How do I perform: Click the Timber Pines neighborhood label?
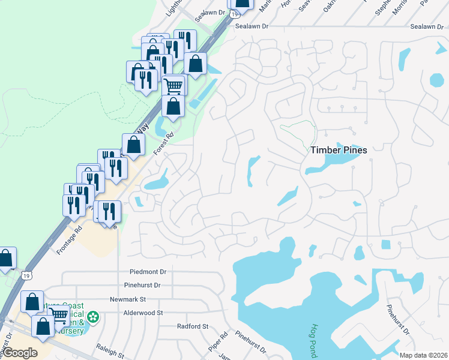[339, 151]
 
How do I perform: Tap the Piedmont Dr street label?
[147, 272]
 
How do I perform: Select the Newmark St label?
[128, 299]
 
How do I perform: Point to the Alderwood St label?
[143, 313]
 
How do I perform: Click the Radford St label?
[192, 326]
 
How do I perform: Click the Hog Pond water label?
[314, 341]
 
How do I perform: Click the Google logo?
[20, 353]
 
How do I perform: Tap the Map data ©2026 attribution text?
[423, 355]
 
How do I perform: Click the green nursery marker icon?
[93, 316]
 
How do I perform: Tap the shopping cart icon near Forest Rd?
[173, 85]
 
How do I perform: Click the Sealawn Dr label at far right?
[426, 27]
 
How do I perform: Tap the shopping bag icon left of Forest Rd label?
[133, 144]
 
